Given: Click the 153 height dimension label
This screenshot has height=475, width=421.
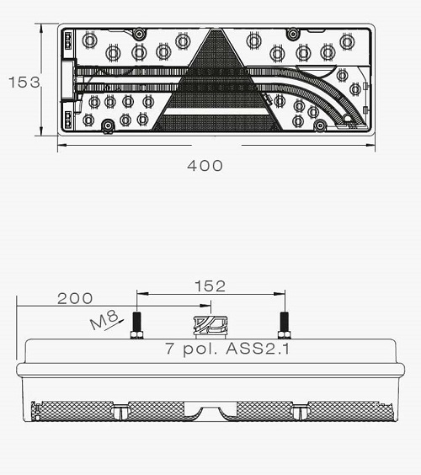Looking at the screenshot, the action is [x=24, y=82].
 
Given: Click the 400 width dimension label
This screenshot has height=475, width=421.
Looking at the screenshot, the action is [x=205, y=166].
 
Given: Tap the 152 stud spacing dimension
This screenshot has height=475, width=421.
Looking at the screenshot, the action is [x=210, y=286].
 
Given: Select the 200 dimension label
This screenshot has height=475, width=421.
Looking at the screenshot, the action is [x=75, y=298].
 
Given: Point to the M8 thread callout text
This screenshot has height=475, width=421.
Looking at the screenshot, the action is [x=104, y=319].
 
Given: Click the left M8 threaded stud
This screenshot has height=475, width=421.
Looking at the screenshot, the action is [x=136, y=325].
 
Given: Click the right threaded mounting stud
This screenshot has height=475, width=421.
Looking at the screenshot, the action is [x=285, y=325].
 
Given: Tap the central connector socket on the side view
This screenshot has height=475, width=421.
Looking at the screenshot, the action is [x=210, y=327].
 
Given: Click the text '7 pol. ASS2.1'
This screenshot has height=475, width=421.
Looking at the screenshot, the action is [x=227, y=349].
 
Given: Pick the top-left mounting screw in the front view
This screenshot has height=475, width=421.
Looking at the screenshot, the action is [x=139, y=34].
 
